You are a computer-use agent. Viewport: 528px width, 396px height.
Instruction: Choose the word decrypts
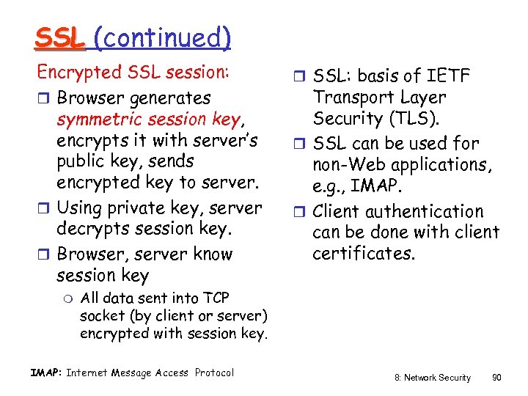[95, 229]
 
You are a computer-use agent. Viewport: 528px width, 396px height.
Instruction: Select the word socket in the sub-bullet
[102, 316]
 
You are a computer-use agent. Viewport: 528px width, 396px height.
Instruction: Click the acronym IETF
[451, 76]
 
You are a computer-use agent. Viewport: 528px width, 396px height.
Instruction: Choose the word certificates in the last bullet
[364, 254]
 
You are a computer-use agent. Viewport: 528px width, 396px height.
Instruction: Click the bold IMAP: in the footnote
[45, 373]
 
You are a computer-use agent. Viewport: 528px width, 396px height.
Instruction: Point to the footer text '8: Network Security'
[432, 377]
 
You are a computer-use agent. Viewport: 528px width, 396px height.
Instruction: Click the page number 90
[497, 377]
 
